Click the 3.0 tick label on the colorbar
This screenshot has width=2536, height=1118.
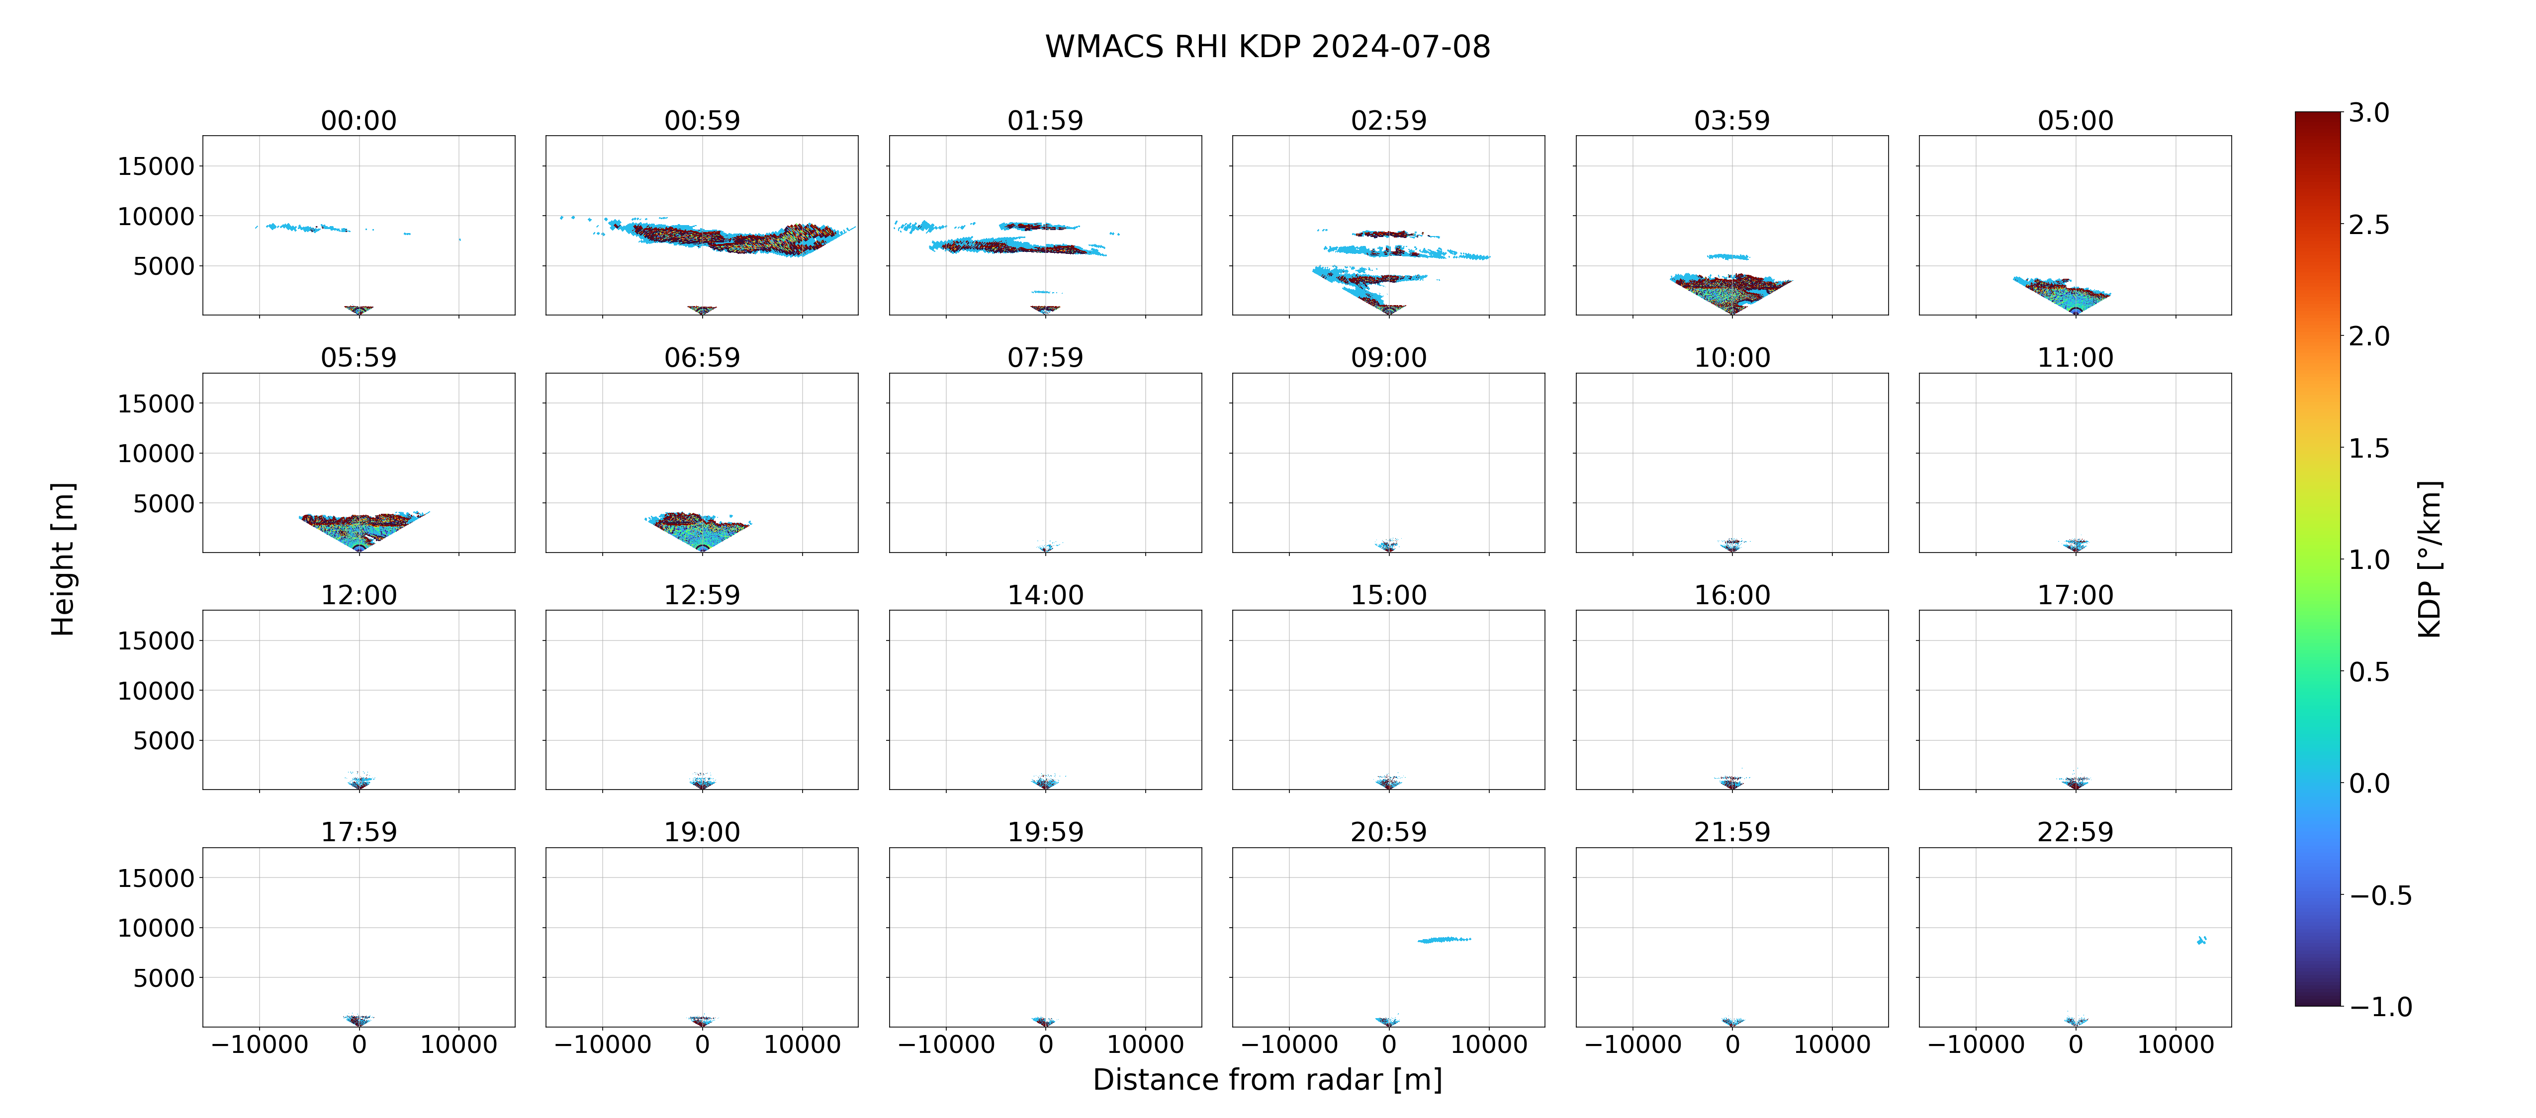pyautogui.click(x=2368, y=113)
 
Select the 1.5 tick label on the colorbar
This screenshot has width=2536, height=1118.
pyautogui.click(x=2368, y=449)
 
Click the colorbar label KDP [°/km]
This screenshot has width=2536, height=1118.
pyautogui.click(x=2430, y=559)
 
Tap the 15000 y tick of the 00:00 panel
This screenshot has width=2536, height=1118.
pyautogui.click(x=156, y=166)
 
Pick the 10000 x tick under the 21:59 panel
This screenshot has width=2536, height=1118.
pyautogui.click(x=1832, y=1044)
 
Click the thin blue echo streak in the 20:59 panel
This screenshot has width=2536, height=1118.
pyautogui.click(x=1444, y=940)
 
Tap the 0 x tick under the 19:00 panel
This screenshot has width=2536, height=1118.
pyautogui.click(x=702, y=1044)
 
